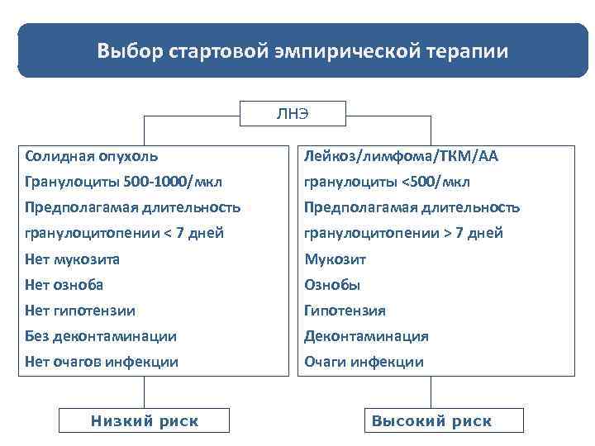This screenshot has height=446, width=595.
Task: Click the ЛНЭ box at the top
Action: [x=293, y=114]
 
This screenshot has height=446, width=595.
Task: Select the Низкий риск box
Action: [x=145, y=421]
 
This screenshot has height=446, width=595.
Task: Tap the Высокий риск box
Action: [x=431, y=421]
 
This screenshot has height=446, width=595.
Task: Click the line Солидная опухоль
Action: [x=92, y=155]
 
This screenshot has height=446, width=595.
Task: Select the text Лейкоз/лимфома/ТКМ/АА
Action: [x=401, y=155]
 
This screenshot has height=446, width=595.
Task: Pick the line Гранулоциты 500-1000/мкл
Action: [x=123, y=182]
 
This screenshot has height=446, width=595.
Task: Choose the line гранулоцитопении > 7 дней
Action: [x=403, y=233]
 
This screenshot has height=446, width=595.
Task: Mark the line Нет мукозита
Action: [x=73, y=259]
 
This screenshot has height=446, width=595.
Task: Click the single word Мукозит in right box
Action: [x=335, y=259]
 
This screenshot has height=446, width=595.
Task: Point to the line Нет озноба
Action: [x=64, y=285]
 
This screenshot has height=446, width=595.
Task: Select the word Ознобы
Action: [x=332, y=285]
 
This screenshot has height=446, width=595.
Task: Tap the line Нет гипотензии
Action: [x=80, y=311]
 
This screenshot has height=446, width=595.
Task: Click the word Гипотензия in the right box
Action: [x=345, y=311]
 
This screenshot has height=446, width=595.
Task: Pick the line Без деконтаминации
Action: [x=101, y=336]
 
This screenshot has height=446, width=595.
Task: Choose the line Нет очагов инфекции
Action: [x=102, y=362]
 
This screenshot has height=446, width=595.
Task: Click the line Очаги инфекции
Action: [x=364, y=362]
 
